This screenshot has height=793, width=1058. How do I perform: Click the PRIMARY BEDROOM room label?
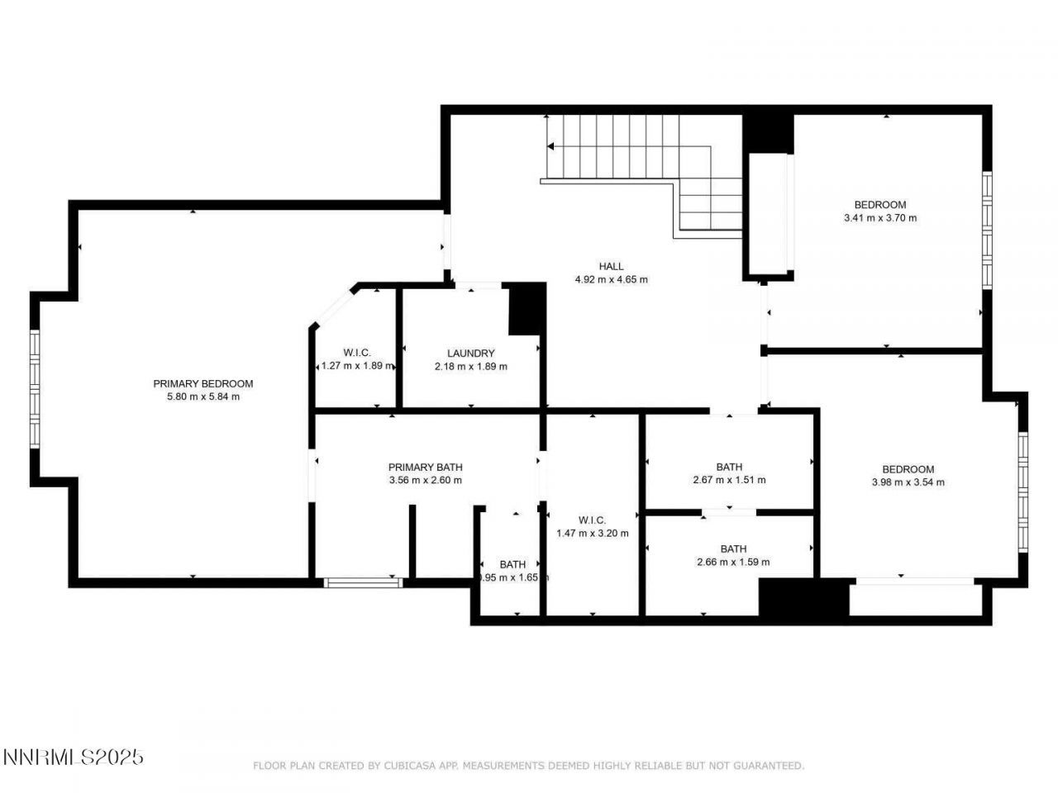click(203, 383)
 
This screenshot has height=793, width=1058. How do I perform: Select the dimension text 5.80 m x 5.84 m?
click(203, 396)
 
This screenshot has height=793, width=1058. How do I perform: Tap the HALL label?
click(612, 266)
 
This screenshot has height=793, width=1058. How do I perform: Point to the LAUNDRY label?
click(470, 354)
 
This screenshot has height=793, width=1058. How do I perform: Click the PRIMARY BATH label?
click(425, 467)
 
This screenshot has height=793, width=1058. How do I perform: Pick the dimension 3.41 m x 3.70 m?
click(879, 218)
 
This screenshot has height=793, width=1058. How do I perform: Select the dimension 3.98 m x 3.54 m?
click(908, 482)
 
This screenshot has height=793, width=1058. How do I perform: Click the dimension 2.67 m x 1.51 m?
click(729, 480)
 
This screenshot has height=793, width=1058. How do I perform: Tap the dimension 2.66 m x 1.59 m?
click(733, 562)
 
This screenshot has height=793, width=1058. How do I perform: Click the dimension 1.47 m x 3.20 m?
click(593, 533)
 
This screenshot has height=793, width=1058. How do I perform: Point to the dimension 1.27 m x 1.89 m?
click(357, 366)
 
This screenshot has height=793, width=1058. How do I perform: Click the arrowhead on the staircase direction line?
click(550, 146)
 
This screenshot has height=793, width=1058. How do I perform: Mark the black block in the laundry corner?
click(527, 309)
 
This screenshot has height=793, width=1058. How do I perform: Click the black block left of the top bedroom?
click(769, 132)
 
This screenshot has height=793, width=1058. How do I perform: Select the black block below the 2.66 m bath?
click(803, 598)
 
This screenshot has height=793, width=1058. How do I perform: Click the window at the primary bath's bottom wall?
click(363, 582)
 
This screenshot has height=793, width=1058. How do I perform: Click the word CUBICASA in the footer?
click(409, 766)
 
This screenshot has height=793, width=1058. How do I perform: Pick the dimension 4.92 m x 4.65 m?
click(612, 279)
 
